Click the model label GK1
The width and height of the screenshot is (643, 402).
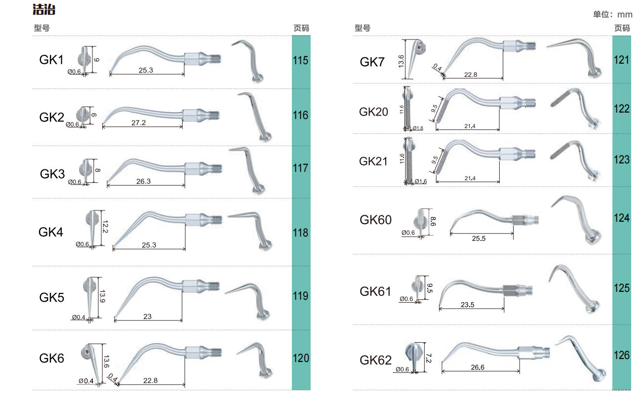51,60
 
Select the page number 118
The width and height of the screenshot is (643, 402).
301,233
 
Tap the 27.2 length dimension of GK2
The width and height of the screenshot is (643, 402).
139,122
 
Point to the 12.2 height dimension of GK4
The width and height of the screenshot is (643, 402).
105,227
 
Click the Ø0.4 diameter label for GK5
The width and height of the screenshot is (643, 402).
79,317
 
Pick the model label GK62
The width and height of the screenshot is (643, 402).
375,360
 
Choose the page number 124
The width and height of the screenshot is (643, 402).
621,218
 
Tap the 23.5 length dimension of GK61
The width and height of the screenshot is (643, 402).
468,305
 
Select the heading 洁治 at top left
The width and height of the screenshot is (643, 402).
44,9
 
